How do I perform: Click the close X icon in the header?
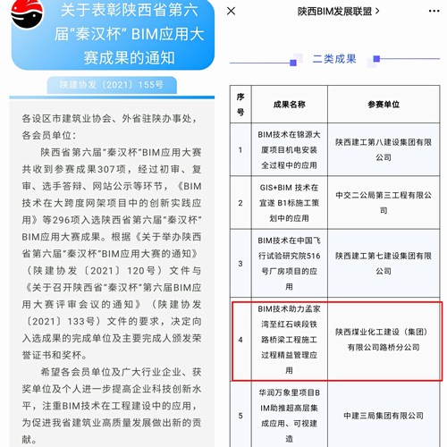coord(232,12)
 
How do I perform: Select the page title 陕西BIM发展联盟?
coord(333,12)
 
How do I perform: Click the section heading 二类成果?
coord(334,59)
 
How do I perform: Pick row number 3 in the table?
coord(240,265)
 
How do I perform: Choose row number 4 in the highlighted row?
coord(240,340)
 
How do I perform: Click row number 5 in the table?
coord(240,414)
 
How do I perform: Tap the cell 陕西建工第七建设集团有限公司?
coord(387,265)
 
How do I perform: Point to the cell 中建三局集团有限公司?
coord(387,414)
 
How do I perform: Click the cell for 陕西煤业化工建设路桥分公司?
coord(387,340)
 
